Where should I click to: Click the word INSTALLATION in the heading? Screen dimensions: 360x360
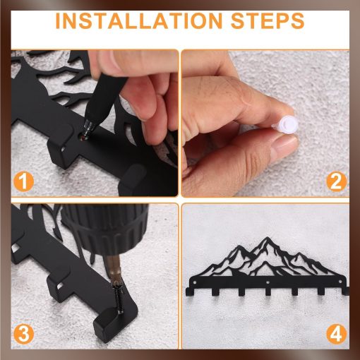pyautogui.click(x=139, y=21)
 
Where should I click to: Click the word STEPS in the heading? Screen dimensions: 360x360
pyautogui.click(x=268, y=21)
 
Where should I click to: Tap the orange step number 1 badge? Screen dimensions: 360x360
pyautogui.click(x=23, y=181)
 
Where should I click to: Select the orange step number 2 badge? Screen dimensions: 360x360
pyautogui.click(x=336, y=181)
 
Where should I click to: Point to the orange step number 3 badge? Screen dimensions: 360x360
pyautogui.click(x=23, y=334)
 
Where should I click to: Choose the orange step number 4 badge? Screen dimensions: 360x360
pyautogui.click(x=336, y=334)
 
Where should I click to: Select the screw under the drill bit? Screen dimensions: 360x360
pyautogui.click(x=118, y=299)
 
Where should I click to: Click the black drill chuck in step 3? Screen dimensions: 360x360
pyautogui.click(x=105, y=229)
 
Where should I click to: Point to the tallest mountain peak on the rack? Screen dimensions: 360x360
pyautogui.click(x=266, y=238)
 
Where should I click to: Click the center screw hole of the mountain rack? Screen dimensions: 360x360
pyautogui.click(x=267, y=282)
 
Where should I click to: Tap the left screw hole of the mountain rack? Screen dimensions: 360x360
pyautogui.click(x=194, y=282)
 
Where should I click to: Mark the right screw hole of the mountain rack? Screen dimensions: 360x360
pyautogui.click(x=340, y=281)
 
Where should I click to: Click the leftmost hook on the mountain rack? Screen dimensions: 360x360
pyautogui.click(x=189, y=292)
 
